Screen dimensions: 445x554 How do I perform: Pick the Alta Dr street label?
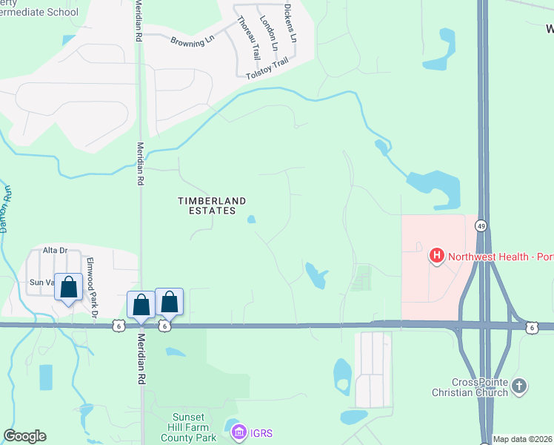[55, 251]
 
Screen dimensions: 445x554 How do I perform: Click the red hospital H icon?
[437, 257]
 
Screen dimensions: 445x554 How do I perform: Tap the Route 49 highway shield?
[481, 225]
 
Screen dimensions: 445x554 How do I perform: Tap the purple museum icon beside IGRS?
[239, 432]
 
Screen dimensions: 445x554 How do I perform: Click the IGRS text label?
[261, 432]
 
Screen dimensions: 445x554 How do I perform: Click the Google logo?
[24, 436]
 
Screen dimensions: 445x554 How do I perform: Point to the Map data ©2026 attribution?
[523, 439]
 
